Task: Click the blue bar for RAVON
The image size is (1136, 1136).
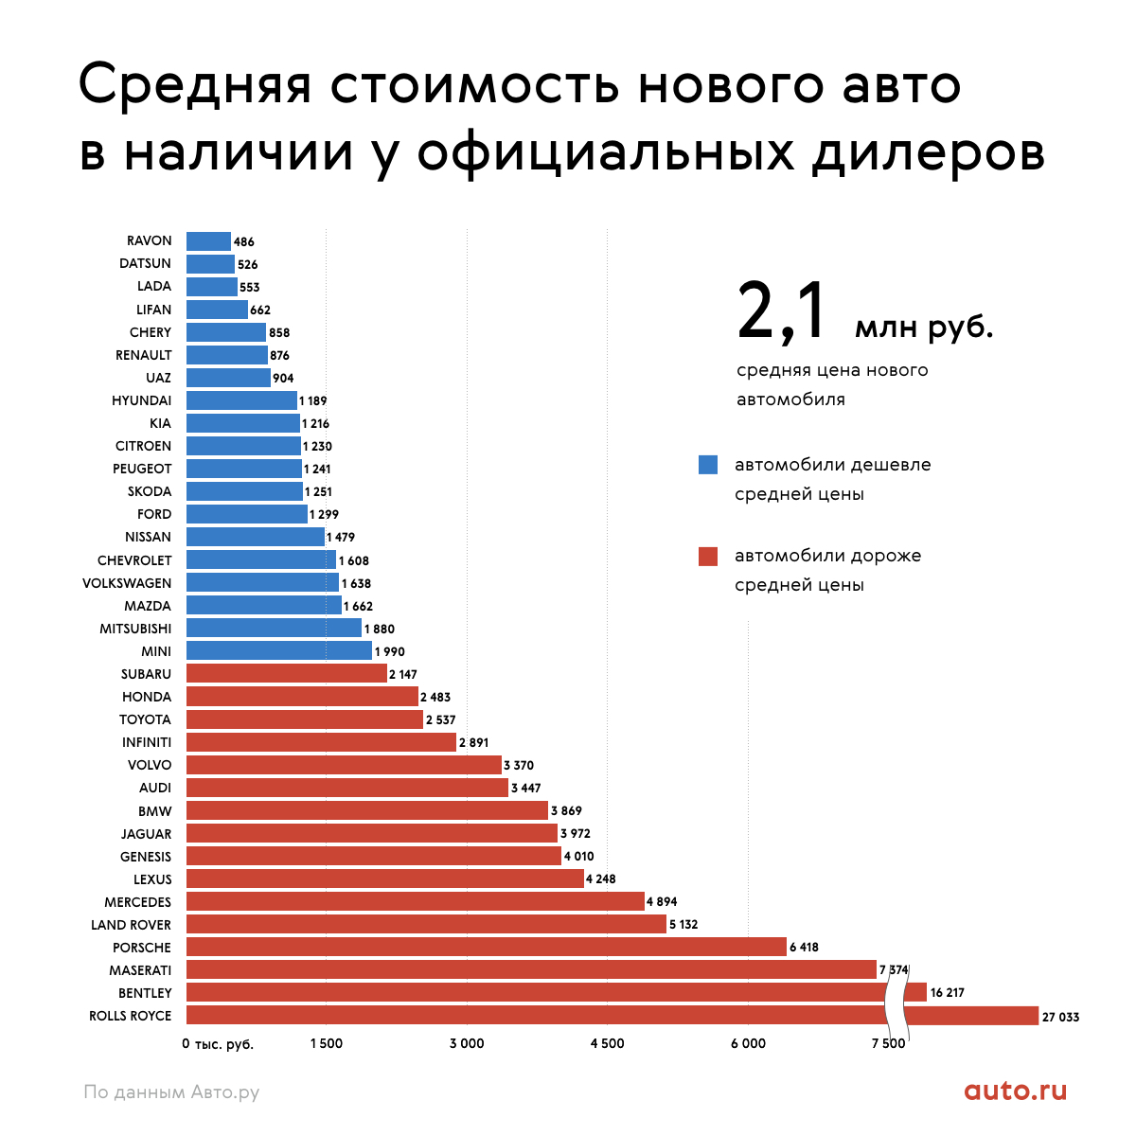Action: [208, 241]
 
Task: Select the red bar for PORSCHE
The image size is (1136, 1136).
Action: [486, 947]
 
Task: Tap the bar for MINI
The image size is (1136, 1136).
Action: [279, 650]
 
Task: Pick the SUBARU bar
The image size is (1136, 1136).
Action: [287, 673]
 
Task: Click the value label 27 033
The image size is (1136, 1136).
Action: [1060, 1017]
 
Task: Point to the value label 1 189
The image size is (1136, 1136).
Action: [313, 400]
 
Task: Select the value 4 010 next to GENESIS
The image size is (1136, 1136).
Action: [579, 857]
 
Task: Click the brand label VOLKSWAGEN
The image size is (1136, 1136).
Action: [127, 583]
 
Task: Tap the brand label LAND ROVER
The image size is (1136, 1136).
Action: [131, 925]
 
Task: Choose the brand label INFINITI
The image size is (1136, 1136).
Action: [147, 742]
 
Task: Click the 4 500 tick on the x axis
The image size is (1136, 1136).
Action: [607, 1043]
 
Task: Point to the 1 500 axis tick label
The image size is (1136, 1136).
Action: [327, 1043]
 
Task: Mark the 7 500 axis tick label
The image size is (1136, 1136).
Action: [888, 1043]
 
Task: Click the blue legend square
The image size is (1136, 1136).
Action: [708, 465]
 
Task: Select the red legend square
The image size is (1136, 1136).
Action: [708, 556]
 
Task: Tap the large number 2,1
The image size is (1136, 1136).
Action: [782, 312]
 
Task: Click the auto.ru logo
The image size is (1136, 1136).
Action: [1016, 1091]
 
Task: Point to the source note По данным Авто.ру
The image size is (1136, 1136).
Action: [171, 1092]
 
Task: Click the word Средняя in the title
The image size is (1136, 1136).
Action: [195, 85]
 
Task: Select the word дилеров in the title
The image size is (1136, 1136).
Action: [928, 151]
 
